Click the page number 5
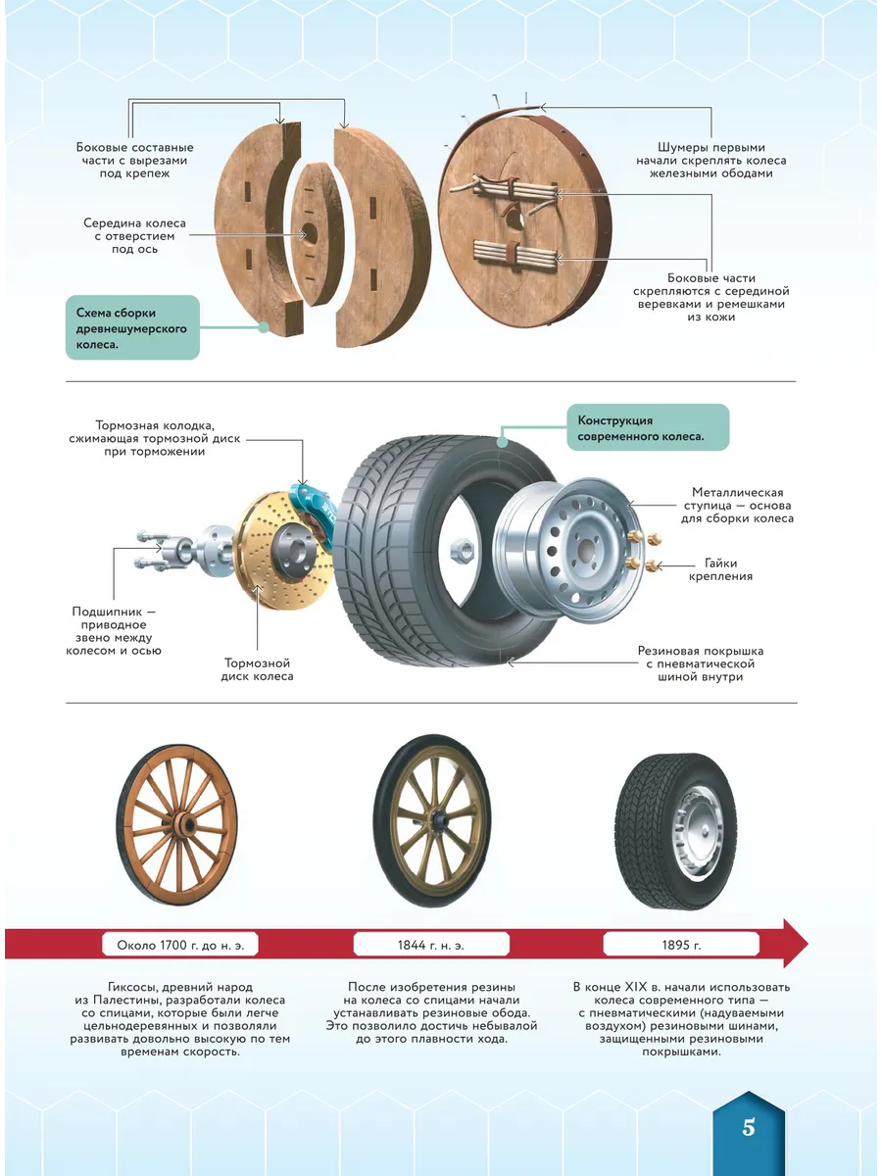748,1127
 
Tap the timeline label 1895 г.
681,945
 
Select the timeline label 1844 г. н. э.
431,945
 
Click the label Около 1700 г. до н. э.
180,945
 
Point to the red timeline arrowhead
795,944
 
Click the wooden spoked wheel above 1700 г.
176,825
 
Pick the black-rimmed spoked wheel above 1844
431,821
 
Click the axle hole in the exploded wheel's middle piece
310,234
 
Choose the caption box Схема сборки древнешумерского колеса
132,328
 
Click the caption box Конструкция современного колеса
648,428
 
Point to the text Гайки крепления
720,569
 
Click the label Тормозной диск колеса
257,669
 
